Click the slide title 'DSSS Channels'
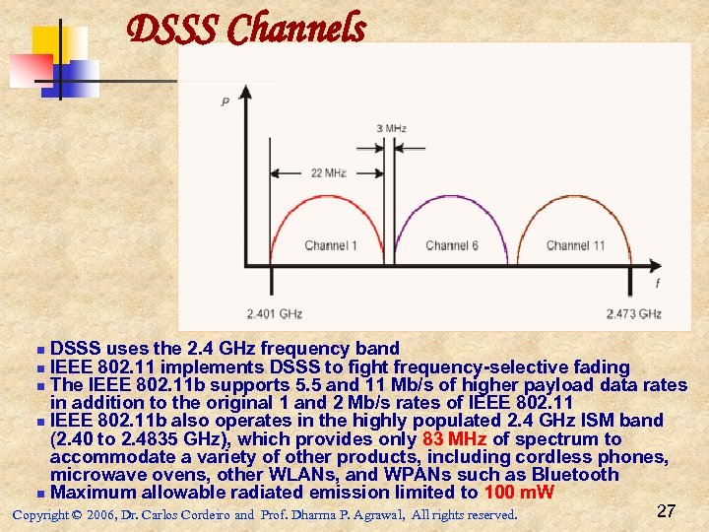[247, 30]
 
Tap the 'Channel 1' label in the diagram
[331, 245]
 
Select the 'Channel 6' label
[452, 245]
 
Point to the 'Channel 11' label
[575, 245]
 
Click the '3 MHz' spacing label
[391, 129]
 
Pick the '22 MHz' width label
[328, 173]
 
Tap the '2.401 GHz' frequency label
[274, 314]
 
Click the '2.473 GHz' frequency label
[633, 314]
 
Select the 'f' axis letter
[657, 284]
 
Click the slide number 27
[666, 511]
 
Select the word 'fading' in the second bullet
[599, 366]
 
